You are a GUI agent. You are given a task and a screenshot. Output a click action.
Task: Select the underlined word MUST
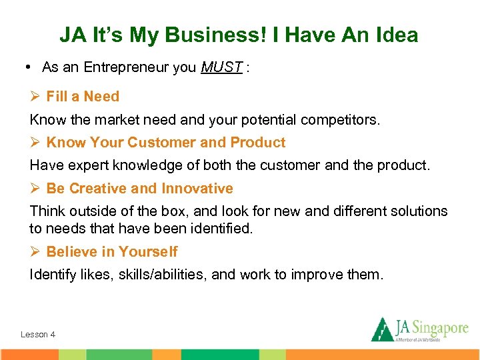coord(221,67)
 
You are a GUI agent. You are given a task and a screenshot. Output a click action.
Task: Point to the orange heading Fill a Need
coord(83,97)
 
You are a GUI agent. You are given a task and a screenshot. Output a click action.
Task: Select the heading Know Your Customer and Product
coord(165,143)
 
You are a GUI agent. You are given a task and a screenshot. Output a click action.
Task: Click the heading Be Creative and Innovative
coord(139,189)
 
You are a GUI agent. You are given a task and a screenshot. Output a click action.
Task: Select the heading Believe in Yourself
coord(111,251)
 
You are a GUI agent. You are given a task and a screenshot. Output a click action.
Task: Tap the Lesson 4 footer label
coord(38,334)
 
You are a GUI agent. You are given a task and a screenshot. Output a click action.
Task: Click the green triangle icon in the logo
coord(382,329)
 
